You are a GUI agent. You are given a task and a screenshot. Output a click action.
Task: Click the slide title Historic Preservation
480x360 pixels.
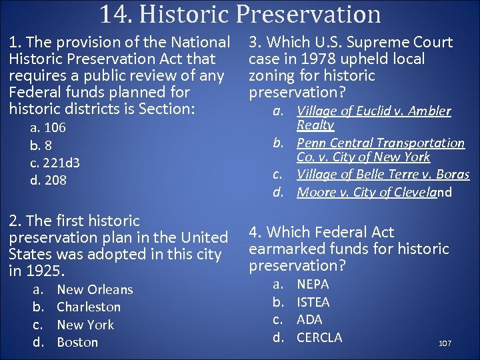pos(241,14)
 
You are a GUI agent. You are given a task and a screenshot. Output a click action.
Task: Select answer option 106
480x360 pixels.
pos(54,128)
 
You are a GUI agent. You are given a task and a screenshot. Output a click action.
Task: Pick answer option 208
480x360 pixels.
pos(55,180)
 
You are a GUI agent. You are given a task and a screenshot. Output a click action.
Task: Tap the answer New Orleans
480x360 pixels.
pos(95,290)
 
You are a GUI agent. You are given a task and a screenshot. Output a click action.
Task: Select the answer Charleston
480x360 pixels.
pos(89,307)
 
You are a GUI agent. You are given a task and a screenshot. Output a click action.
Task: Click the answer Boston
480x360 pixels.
pos(77,343)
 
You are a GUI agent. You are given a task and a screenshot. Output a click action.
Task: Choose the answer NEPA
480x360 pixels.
pos(313,285)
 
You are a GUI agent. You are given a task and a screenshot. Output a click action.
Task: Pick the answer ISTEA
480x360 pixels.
pos(313,302)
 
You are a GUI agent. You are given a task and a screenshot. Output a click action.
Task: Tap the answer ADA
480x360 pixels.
pos(309,320)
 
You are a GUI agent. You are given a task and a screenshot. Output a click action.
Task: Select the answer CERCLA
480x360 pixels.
pos(319,337)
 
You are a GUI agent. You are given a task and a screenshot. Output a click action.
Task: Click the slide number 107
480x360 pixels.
pos(445,343)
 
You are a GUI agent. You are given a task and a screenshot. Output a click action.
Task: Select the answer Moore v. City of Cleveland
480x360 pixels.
pos(374,193)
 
